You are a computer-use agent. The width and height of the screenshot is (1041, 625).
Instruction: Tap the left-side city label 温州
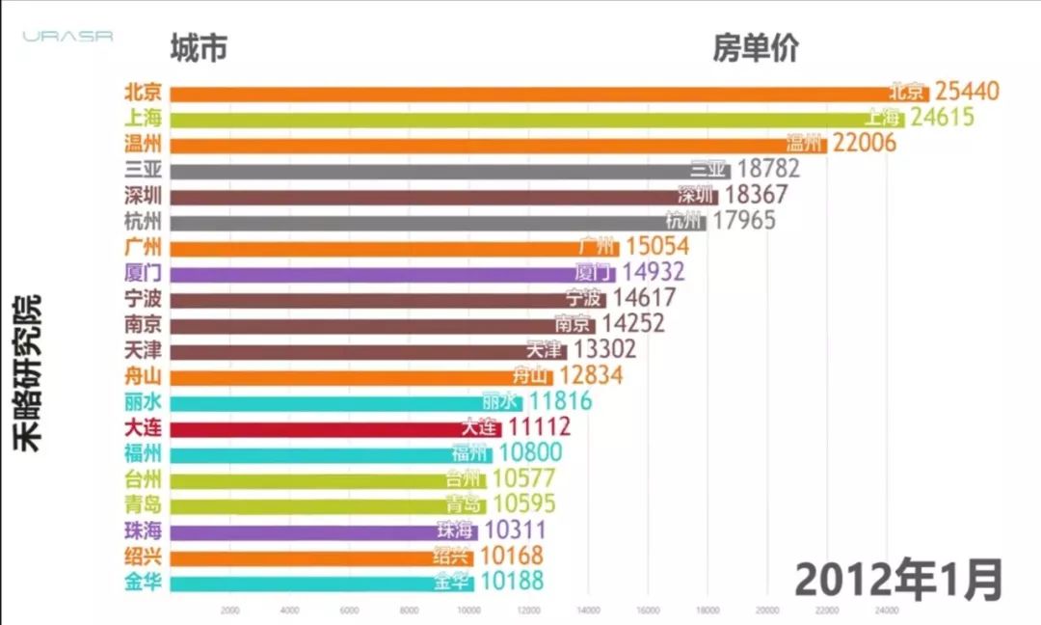pos(143,144)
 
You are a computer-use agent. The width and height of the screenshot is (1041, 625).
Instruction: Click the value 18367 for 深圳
pos(756,195)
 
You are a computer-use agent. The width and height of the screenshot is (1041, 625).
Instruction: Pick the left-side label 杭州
pos(143,221)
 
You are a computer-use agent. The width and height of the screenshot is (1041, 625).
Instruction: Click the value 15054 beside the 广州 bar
pos(656,248)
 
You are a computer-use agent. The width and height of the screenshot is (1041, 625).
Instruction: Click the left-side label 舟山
pos(143,376)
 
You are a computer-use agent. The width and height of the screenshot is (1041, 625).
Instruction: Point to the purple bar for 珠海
pos(299,530)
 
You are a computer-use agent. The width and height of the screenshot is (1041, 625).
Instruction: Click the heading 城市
pos(199,47)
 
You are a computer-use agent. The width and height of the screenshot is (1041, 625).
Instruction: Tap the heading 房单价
pos(756,47)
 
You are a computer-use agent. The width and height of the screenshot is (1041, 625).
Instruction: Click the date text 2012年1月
pos(898,580)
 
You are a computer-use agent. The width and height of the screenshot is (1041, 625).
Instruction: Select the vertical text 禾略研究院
pos(29,371)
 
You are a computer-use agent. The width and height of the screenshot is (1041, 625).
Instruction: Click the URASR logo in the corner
pos(68,37)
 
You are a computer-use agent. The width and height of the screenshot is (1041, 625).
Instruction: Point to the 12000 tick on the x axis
pos(528,610)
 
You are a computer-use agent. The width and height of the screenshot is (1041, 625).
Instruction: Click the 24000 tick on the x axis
pos(887,610)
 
